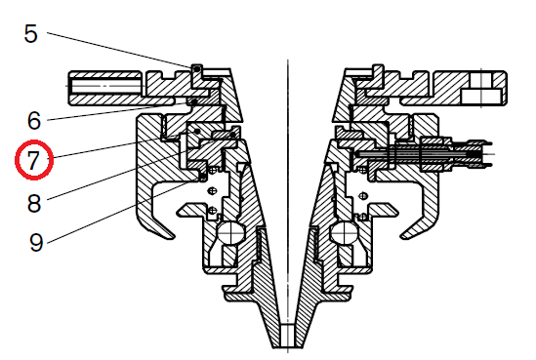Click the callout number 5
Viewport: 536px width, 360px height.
click(x=30, y=34)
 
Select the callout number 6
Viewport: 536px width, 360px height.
click(x=34, y=121)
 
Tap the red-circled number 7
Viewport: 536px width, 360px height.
click(x=34, y=159)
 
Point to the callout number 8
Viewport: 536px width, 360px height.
click(x=34, y=204)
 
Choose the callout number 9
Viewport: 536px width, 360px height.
click(x=36, y=243)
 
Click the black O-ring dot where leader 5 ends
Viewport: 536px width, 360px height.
click(x=196, y=68)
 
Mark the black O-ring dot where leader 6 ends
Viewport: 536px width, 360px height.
click(x=194, y=101)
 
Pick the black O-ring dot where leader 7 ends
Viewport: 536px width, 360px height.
click(x=197, y=131)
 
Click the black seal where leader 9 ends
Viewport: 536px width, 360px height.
click(x=203, y=177)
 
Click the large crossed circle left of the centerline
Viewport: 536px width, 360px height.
click(x=230, y=233)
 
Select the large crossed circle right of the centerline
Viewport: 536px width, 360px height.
click(x=345, y=233)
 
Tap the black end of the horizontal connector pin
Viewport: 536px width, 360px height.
click(x=474, y=154)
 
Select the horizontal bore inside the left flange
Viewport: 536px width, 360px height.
click(x=105, y=86)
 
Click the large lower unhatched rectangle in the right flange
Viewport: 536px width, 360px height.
click(x=481, y=97)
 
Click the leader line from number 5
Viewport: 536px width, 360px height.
click(x=118, y=50)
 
